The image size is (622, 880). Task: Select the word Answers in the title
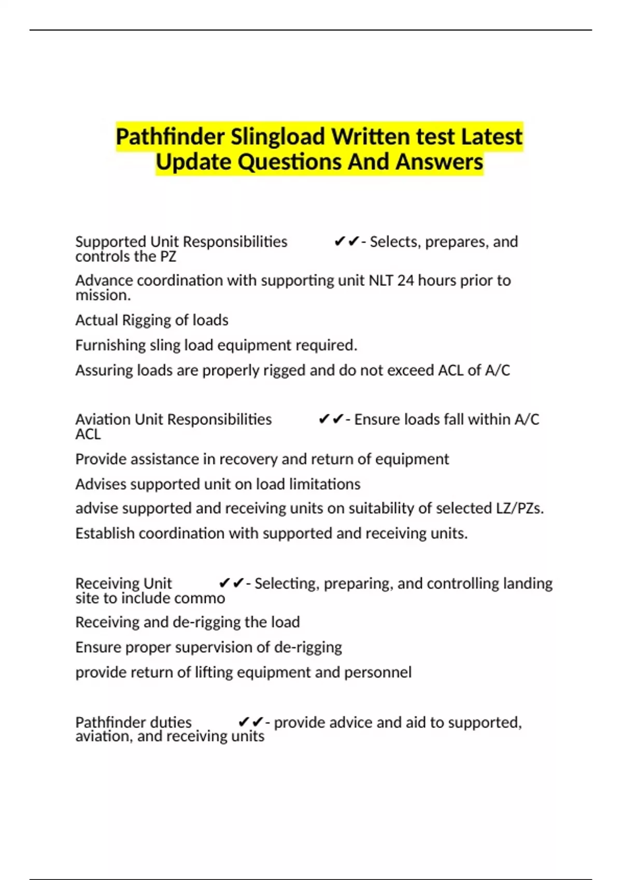click(x=440, y=162)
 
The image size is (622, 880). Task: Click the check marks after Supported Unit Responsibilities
click(x=346, y=242)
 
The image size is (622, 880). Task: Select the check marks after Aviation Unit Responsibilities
click(x=331, y=419)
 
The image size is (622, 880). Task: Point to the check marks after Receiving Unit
click(x=231, y=583)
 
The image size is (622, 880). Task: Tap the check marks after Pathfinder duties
click(x=250, y=722)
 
